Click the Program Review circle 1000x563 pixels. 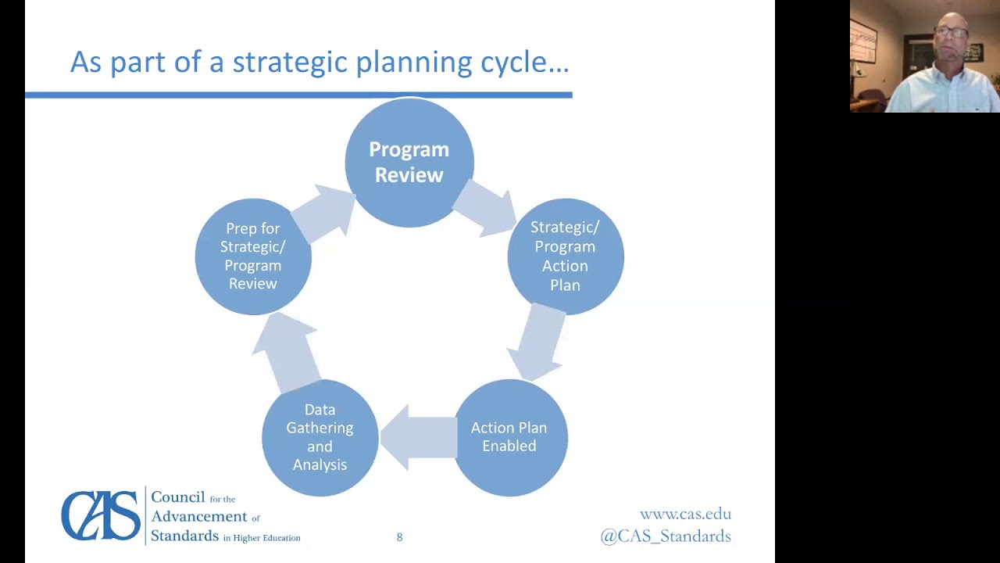click(409, 163)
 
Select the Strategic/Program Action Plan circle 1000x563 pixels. click(565, 256)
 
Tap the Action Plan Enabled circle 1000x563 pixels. click(509, 437)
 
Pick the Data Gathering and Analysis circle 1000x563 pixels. click(320, 437)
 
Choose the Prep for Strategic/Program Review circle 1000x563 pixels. click(252, 256)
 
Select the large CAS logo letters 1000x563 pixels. click(101, 515)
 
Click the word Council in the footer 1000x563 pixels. click(177, 497)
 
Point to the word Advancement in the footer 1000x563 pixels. click(198, 516)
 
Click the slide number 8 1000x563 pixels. click(399, 537)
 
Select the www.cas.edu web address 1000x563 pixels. click(685, 514)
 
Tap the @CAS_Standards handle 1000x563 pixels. click(666, 536)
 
